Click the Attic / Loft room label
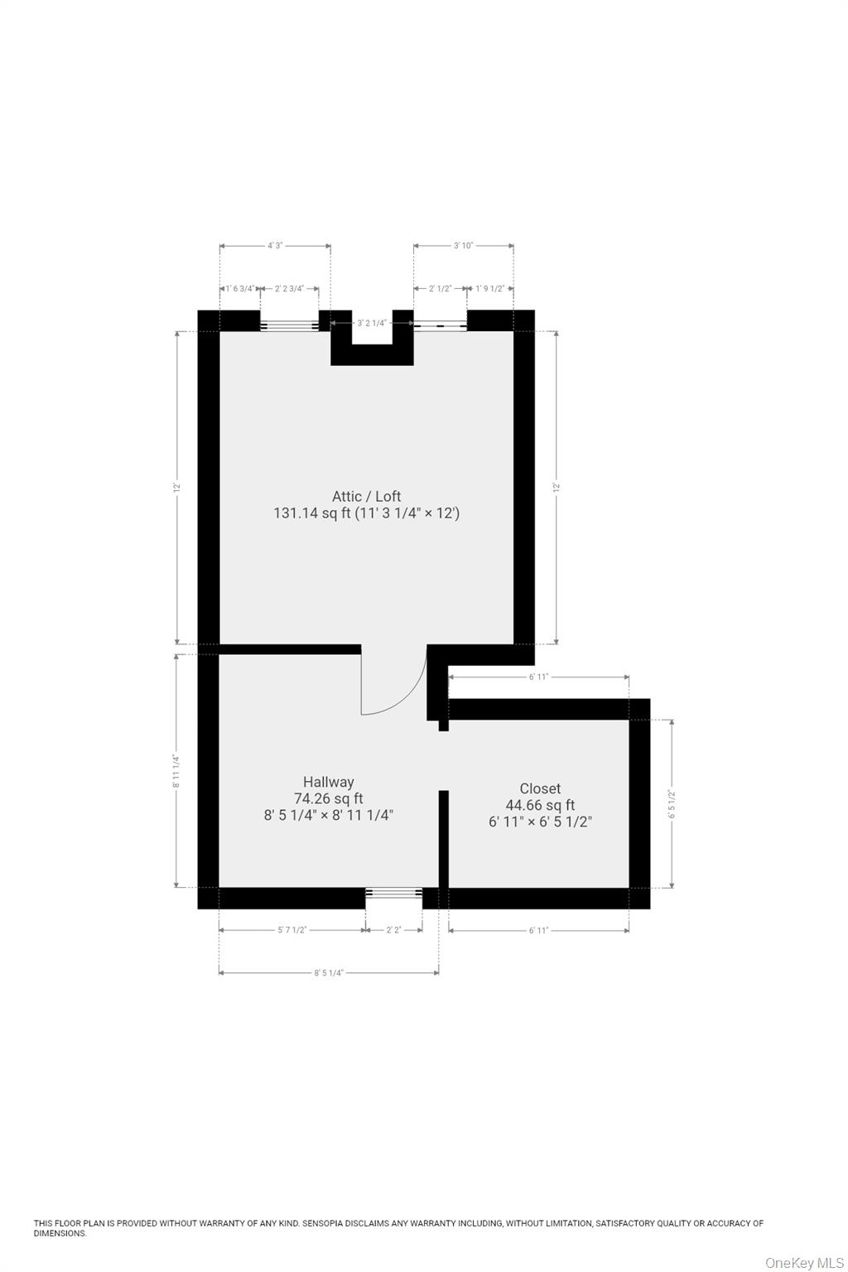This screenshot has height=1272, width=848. pyautogui.click(x=366, y=496)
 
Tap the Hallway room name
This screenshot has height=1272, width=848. pyautogui.click(x=328, y=782)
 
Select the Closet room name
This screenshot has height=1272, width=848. pyautogui.click(x=540, y=789)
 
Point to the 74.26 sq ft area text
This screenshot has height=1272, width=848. pyautogui.click(x=328, y=798)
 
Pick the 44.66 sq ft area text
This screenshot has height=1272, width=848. pyautogui.click(x=540, y=805)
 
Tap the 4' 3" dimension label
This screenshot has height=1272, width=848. pyautogui.click(x=275, y=246)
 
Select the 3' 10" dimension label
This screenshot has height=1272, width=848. pyautogui.click(x=463, y=246)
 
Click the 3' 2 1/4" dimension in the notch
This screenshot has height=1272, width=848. pyautogui.click(x=371, y=323)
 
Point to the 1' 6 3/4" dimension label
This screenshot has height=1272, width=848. pyautogui.click(x=239, y=289)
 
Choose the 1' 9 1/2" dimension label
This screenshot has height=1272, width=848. pyautogui.click(x=490, y=289)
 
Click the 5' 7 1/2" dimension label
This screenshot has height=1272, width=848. pyautogui.click(x=291, y=930)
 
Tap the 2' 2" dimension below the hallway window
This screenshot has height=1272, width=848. pyautogui.click(x=393, y=930)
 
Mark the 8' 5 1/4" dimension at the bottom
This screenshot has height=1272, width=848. pyautogui.click(x=329, y=973)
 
